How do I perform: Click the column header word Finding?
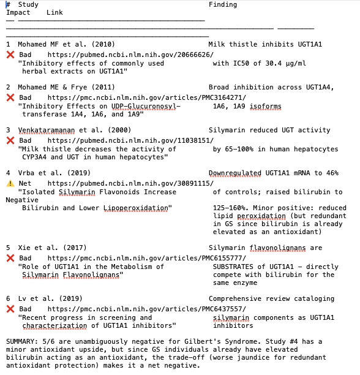click(223, 5)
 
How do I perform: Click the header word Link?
click(54, 13)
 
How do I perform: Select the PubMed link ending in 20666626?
click(130, 55)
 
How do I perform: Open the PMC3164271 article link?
click(146, 97)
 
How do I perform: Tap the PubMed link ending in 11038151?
click(130, 140)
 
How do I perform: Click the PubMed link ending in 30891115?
click(130, 183)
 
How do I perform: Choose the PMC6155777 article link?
click(146, 258)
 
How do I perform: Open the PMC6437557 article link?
click(146, 309)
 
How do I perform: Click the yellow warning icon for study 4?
click(10, 183)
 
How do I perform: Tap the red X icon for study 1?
click(10, 55)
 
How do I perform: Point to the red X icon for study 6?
click(10, 309)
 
